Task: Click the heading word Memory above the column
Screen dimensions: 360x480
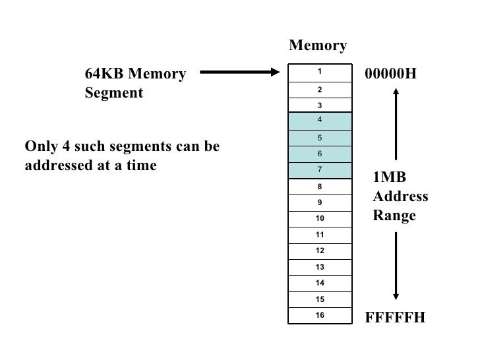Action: pyautogui.click(x=318, y=45)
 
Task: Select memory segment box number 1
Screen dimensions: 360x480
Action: pyautogui.click(x=319, y=72)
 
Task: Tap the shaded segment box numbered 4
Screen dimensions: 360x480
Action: pyautogui.click(x=319, y=121)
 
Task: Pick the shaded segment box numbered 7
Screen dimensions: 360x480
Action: pyautogui.click(x=319, y=170)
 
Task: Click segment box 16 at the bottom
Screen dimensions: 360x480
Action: pyautogui.click(x=319, y=316)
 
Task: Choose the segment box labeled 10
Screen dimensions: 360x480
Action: pyautogui.click(x=319, y=218)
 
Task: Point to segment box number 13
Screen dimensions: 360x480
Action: pyautogui.click(x=319, y=267)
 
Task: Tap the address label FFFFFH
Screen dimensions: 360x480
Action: pyautogui.click(x=395, y=318)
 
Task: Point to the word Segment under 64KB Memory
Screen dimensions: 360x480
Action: pyautogui.click(x=113, y=93)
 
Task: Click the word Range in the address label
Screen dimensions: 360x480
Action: pyautogui.click(x=394, y=215)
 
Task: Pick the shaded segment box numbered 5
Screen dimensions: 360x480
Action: pyautogui.click(x=319, y=138)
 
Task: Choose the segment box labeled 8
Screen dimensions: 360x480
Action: pyautogui.click(x=319, y=187)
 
